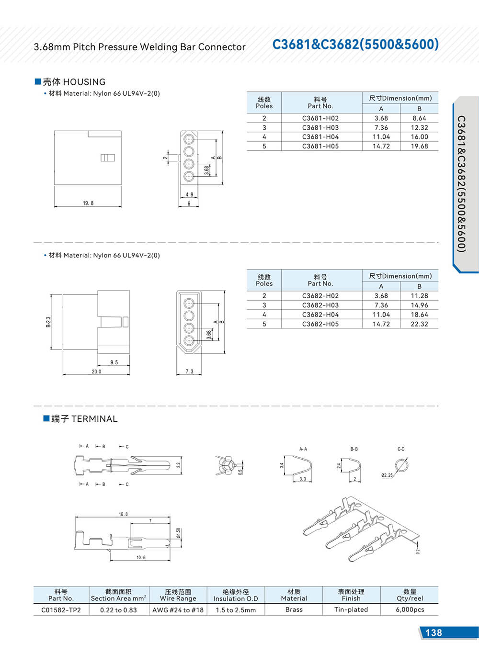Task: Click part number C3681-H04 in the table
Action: pyautogui.click(x=320, y=137)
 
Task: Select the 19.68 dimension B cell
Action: pyautogui.click(x=419, y=147)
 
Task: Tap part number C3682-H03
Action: pyautogui.click(x=320, y=305)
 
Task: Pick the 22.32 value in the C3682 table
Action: pyautogui.click(x=419, y=324)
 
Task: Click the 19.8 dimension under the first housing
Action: pyautogui.click(x=88, y=203)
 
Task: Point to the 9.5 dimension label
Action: pyautogui.click(x=114, y=362)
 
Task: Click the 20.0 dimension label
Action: pyautogui.click(x=96, y=372)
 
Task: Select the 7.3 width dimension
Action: pyautogui.click(x=189, y=372)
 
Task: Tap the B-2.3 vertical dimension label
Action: pyautogui.click(x=48, y=322)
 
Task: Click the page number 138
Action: pyautogui.click(x=433, y=633)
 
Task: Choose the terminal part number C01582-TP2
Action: pyautogui.click(x=61, y=610)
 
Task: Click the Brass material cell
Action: pyautogui.click(x=294, y=610)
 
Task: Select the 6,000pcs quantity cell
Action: pyautogui.click(x=410, y=610)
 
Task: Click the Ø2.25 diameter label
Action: pyautogui.click(x=387, y=475)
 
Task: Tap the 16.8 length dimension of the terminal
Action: pyautogui.click(x=124, y=514)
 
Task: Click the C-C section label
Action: pyautogui.click(x=401, y=449)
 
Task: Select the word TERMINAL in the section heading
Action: pyautogui.click(x=94, y=419)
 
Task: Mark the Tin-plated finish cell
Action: pyautogui.click(x=351, y=610)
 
